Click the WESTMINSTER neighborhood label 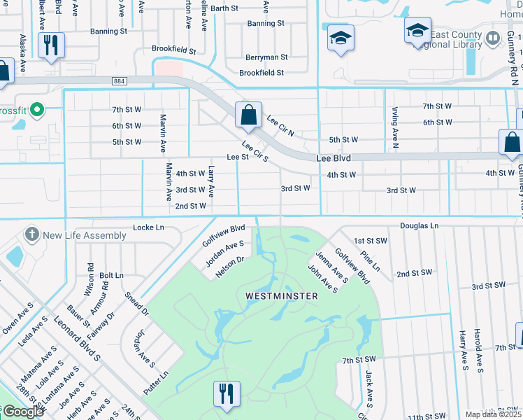point(282,296)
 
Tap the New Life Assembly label point(85,235)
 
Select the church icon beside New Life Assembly point(31,234)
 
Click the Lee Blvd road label point(333,158)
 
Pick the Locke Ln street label point(148,227)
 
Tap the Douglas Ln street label point(419,226)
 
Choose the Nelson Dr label point(229,267)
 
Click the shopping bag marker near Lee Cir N point(248,115)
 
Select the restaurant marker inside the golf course point(226,393)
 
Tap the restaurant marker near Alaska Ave point(51,45)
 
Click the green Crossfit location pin point(38,110)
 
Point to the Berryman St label point(266,57)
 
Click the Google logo point(22,412)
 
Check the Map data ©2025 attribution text point(494,414)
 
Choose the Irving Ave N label point(394,133)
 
